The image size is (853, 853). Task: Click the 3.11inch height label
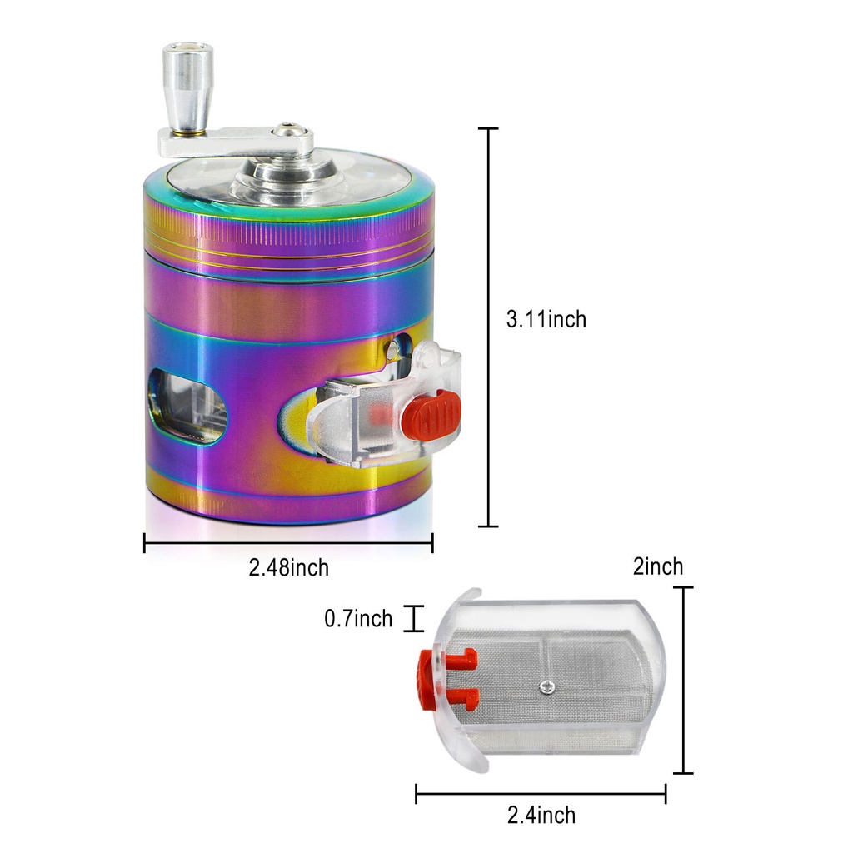point(546,319)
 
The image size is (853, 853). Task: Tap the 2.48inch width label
point(289,567)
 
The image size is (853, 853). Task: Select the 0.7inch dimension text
point(358,619)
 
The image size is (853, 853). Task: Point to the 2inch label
point(658,566)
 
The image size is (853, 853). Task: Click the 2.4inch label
point(541,815)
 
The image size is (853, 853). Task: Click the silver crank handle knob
point(187,87)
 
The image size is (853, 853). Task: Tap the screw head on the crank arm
point(287,131)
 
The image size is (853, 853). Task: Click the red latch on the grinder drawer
point(431,415)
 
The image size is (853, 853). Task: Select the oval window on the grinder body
point(187,407)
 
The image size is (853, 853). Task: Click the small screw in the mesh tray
point(547,687)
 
